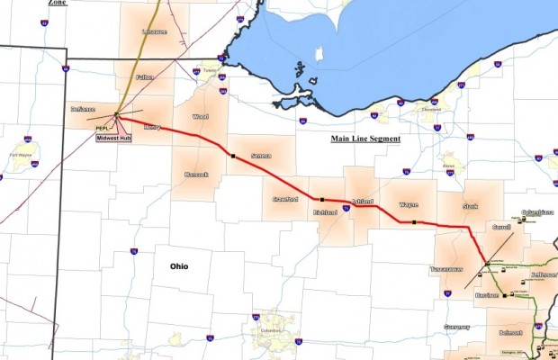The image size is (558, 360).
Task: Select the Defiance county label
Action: [x=83, y=109]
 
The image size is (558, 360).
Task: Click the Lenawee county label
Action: [x=155, y=31]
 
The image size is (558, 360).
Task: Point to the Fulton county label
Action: [x=146, y=78]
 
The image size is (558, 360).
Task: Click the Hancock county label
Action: [x=197, y=174]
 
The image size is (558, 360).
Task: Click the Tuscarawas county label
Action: [x=447, y=269]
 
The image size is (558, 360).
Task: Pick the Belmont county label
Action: [x=510, y=332]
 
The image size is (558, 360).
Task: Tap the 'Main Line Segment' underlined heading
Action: [x=364, y=139]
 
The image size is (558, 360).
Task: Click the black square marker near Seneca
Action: [x=231, y=155]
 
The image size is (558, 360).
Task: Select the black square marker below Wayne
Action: [x=413, y=221]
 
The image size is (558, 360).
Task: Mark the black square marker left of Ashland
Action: [x=321, y=198]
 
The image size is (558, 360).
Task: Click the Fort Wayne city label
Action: [x=20, y=154]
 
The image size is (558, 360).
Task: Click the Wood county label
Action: [x=201, y=117]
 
